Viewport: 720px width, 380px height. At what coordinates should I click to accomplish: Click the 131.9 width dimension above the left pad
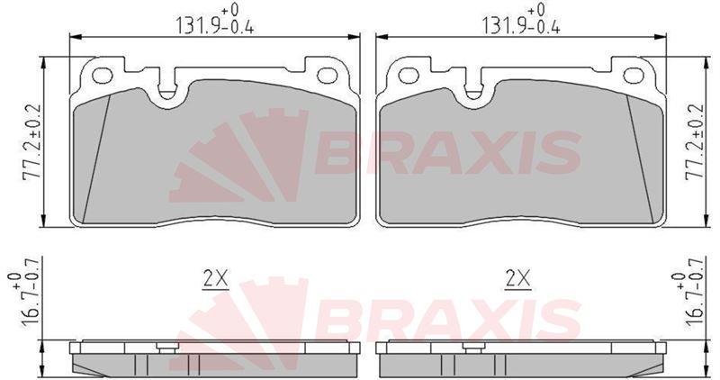[x=215, y=20]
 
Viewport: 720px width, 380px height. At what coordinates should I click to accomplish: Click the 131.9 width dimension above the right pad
[x=521, y=20]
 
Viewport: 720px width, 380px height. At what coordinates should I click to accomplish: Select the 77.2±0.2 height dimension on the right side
[x=694, y=142]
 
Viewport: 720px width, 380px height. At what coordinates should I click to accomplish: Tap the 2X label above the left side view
[x=215, y=278]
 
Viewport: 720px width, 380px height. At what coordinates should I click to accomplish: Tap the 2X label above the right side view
[x=518, y=278]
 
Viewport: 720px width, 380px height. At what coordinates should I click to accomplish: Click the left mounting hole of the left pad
[x=102, y=76]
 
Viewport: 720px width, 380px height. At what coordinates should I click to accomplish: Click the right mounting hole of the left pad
[x=328, y=76]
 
